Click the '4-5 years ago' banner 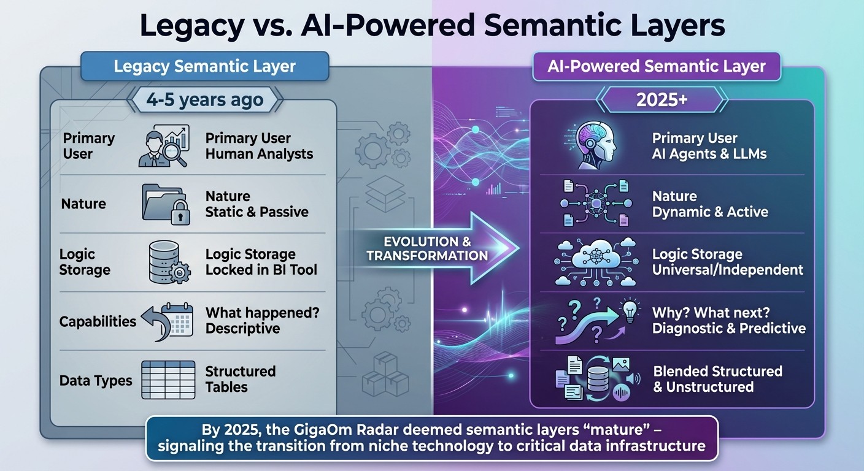pos(204,99)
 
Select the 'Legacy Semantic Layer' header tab pos(205,66)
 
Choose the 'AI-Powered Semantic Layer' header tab pos(656,66)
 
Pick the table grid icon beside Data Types pos(168,380)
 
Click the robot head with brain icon pos(589,145)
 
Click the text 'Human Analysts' pos(259,154)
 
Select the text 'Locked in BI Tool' pos(261,270)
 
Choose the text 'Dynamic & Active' pos(710,212)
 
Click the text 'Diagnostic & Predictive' pos(728,328)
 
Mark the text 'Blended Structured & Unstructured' pos(717,379)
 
